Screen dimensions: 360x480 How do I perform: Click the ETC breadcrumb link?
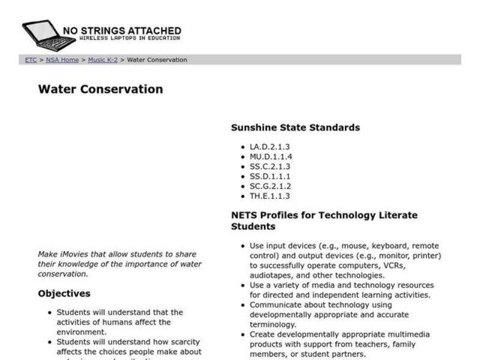click(31, 60)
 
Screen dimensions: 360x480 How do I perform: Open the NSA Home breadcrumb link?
click(62, 60)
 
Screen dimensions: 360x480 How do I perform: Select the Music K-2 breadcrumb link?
click(103, 60)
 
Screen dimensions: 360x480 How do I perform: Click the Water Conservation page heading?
click(100, 89)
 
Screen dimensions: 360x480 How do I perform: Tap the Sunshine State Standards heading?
click(295, 127)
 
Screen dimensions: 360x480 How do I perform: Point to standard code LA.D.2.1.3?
click(269, 147)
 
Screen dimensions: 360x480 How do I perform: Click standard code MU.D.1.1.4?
click(271, 157)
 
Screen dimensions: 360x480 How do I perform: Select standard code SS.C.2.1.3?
click(269, 167)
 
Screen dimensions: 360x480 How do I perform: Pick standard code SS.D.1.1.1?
click(269, 176)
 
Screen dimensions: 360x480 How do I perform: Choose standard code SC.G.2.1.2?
click(270, 187)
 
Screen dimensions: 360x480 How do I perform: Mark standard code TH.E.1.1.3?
click(269, 196)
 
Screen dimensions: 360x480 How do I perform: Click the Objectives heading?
click(64, 294)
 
